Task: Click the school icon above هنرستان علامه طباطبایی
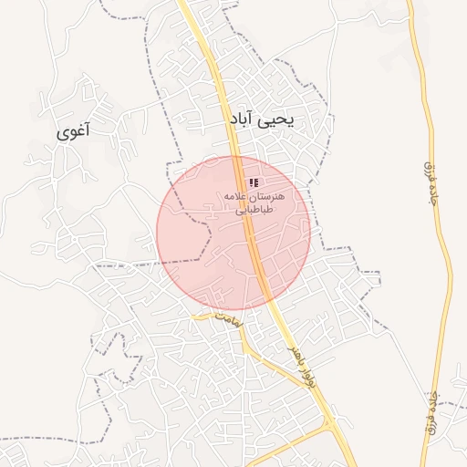(253, 183)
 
